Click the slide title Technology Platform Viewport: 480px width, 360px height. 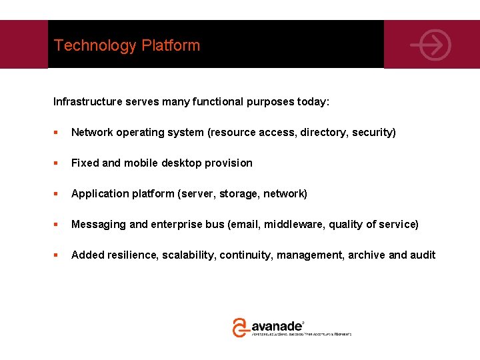coord(127,45)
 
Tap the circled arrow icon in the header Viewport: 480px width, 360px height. coord(431,45)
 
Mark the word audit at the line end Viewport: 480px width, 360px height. coord(423,255)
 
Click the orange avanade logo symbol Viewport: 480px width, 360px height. coord(240,327)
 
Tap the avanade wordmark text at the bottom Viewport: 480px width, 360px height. coord(277,326)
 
